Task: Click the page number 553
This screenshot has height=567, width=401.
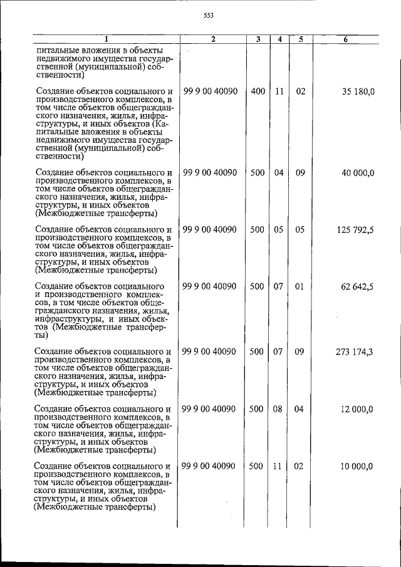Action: [x=209, y=16]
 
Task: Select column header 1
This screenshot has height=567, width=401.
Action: [x=105, y=39]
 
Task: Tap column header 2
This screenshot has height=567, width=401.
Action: [x=213, y=39]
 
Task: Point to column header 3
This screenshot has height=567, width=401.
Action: [x=258, y=39]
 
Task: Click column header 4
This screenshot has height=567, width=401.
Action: [x=279, y=39]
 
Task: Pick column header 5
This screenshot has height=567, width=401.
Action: [x=301, y=39]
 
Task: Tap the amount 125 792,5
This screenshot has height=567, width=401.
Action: [x=355, y=230]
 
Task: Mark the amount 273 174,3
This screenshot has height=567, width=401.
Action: [x=355, y=352]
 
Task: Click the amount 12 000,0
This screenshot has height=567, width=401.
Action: [x=358, y=409]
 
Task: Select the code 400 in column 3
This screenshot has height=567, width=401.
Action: [x=257, y=91]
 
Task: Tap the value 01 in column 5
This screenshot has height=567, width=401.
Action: [x=300, y=287]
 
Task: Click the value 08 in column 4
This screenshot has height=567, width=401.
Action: [x=279, y=409]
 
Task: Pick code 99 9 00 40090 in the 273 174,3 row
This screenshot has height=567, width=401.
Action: [x=210, y=352]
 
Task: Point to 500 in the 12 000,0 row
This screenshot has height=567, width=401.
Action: [x=257, y=409]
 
